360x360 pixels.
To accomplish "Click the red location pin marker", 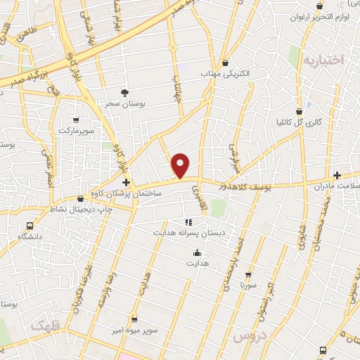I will click(x=181, y=165).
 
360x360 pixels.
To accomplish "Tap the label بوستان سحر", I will click(x=124, y=103).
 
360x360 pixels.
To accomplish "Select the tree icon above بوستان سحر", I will click(x=125, y=92).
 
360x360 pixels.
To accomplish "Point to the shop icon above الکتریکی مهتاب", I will click(x=224, y=63).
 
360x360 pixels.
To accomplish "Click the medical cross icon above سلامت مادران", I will click(x=337, y=175).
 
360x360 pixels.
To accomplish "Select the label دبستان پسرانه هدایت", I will click(x=187, y=231).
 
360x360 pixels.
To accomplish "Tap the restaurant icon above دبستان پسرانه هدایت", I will click(x=188, y=221).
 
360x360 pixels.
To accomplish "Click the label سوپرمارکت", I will click(x=75, y=131).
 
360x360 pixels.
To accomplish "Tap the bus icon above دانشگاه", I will click(x=30, y=226).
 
